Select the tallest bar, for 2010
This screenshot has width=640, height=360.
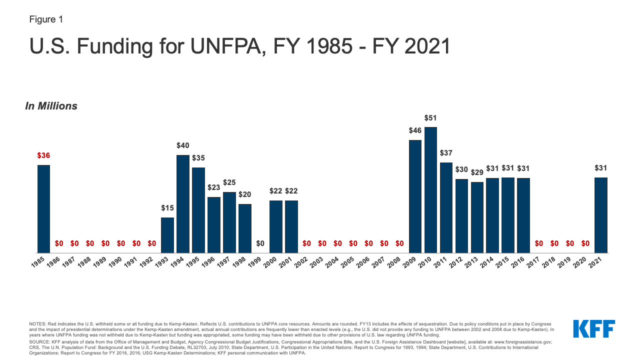[430, 190]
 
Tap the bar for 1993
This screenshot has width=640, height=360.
[167, 235]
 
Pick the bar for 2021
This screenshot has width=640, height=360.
[600, 215]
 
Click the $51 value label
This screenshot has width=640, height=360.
[430, 118]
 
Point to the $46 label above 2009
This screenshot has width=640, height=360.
[415, 131]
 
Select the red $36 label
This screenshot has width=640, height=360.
[44, 155]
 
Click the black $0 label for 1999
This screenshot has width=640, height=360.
[260, 243]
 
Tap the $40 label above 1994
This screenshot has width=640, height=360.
[183, 145]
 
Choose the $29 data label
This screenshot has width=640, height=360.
[477, 172]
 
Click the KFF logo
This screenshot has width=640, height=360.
[594, 328]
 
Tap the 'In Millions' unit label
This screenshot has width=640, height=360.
[51, 106]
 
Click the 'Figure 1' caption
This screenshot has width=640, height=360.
[46, 20]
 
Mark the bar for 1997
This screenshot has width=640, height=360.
[229, 222]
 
